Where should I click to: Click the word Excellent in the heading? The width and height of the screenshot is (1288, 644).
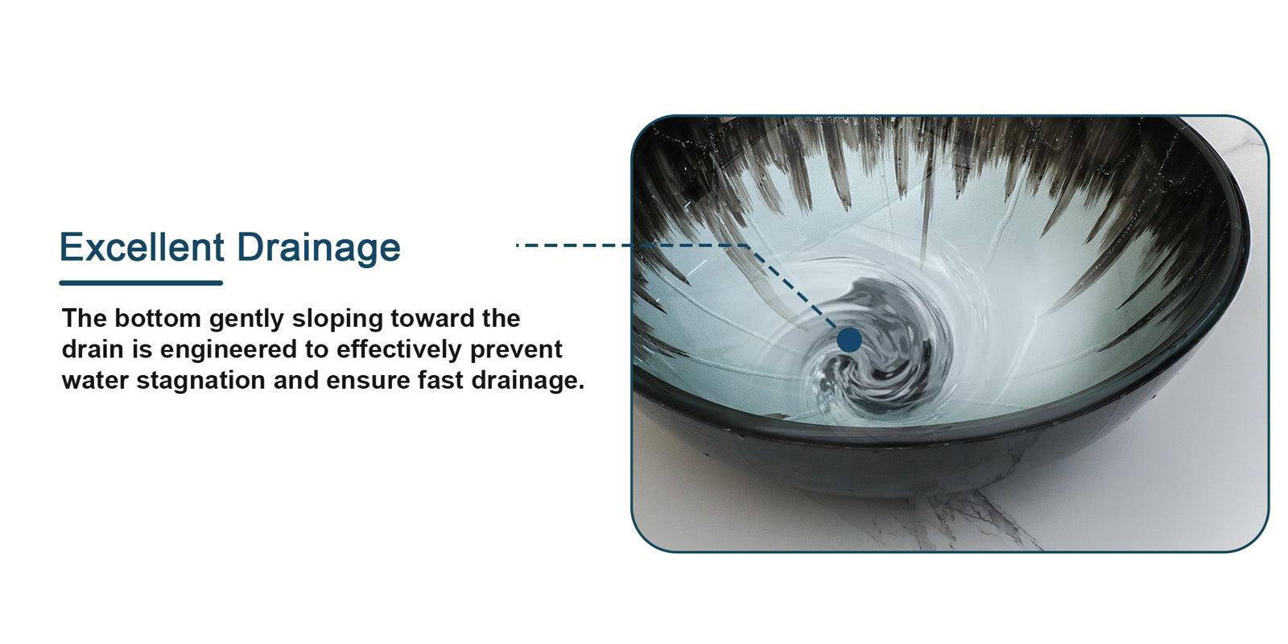click(142, 247)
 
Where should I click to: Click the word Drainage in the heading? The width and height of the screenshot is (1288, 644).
click(319, 249)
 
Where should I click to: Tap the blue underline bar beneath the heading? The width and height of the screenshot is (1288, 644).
click(141, 283)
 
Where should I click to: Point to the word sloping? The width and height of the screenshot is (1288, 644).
click(336, 319)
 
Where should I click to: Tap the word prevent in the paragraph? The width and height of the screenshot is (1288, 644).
click(516, 350)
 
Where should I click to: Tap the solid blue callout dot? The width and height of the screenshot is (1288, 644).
click(849, 340)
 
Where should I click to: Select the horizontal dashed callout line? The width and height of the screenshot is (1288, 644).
click(631, 246)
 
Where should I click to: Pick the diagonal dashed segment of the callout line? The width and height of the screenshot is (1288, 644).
click(792, 287)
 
